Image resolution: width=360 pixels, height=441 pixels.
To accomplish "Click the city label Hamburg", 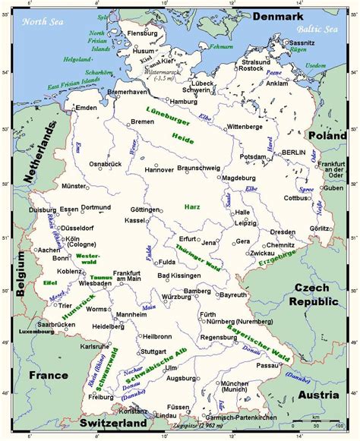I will click(x=184, y=101).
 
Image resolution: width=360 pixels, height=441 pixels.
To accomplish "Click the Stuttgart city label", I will click(x=153, y=351).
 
